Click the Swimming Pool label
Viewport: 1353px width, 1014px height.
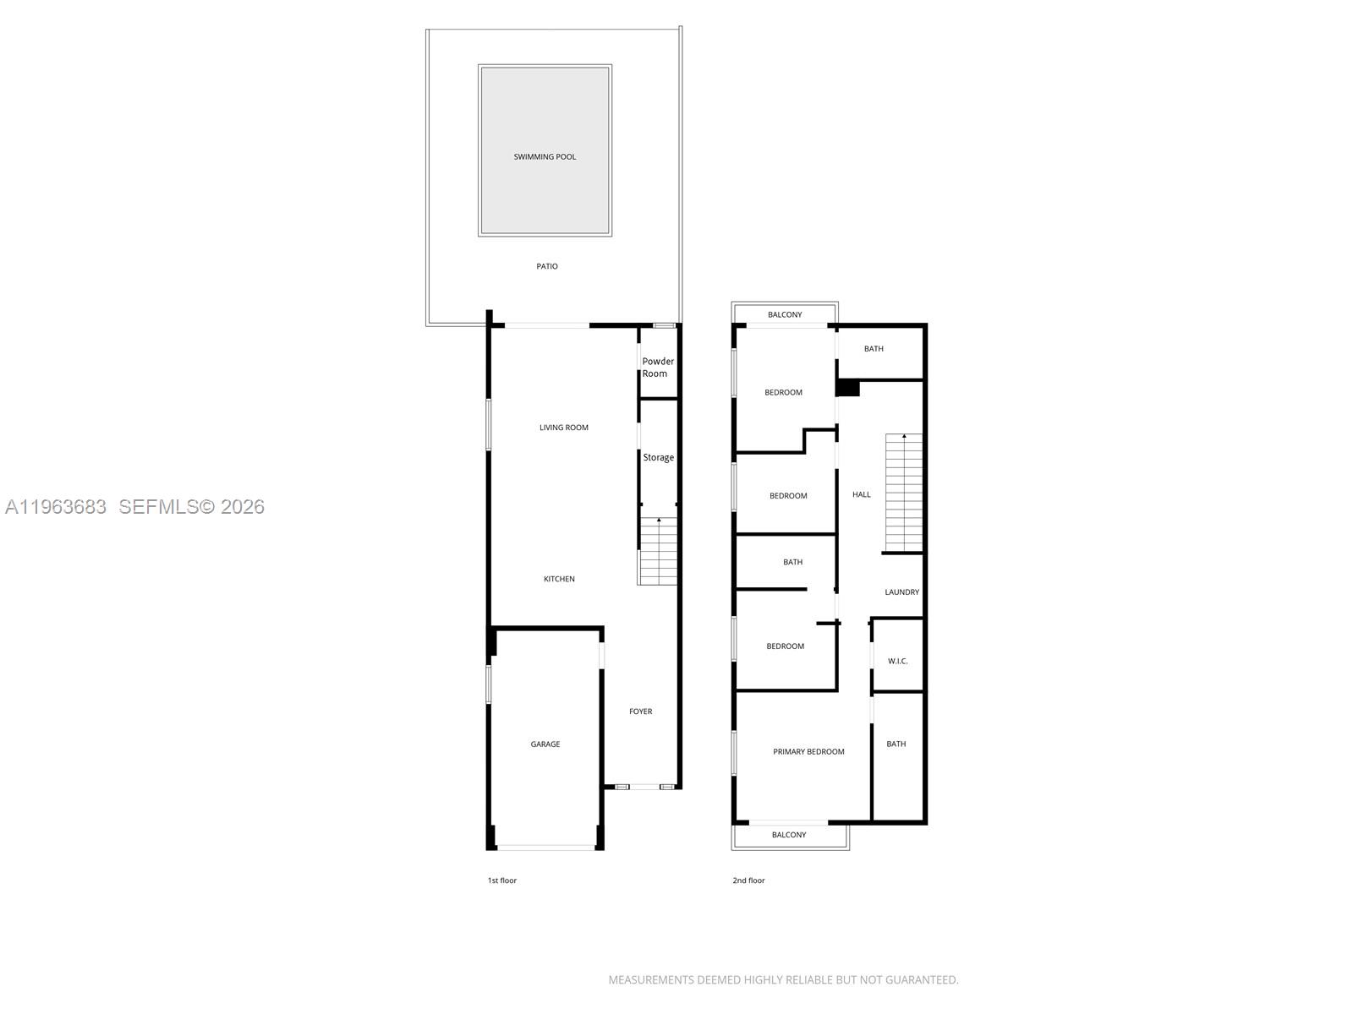545,157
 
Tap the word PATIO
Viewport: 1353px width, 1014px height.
547,266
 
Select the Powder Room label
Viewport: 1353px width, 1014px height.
658,368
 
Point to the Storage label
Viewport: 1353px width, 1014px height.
659,458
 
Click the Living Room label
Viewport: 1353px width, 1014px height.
564,428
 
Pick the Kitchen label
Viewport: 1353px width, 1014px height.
559,580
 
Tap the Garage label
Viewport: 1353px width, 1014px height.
545,744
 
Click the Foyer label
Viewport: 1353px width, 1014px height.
641,711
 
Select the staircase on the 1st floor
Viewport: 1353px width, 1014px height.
658,551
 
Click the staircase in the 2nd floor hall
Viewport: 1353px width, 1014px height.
904,493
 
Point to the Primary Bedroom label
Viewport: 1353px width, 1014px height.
808,752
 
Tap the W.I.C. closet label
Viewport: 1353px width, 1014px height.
898,661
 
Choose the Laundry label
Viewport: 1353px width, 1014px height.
902,592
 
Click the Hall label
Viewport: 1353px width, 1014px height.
862,495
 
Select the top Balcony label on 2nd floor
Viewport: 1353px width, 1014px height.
785,315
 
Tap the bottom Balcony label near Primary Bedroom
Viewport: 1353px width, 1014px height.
789,835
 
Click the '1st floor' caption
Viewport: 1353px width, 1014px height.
501,880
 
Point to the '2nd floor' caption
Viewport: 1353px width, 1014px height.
748,880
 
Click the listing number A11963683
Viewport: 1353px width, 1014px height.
56,507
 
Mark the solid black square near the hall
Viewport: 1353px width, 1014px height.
848,388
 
